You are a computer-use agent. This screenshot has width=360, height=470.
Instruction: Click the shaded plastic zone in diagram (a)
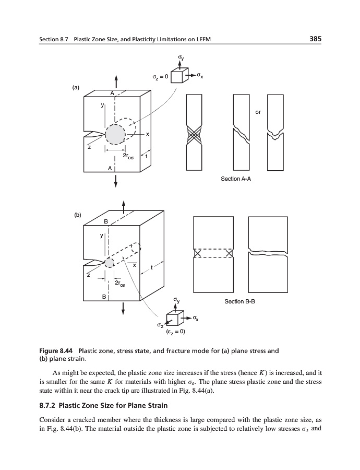click(x=115, y=135)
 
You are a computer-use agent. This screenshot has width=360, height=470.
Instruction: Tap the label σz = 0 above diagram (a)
click(x=160, y=77)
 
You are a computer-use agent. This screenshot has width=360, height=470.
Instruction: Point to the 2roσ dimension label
click(x=129, y=156)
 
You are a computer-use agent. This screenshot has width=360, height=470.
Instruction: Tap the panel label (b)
click(x=77, y=214)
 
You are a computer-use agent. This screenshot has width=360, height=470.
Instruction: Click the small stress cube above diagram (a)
click(x=178, y=77)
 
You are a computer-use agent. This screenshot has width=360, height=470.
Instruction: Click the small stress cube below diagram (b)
click(x=175, y=318)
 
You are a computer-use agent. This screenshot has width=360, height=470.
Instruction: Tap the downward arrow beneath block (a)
click(x=115, y=180)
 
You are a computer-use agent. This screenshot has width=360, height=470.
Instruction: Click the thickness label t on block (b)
click(x=151, y=268)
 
